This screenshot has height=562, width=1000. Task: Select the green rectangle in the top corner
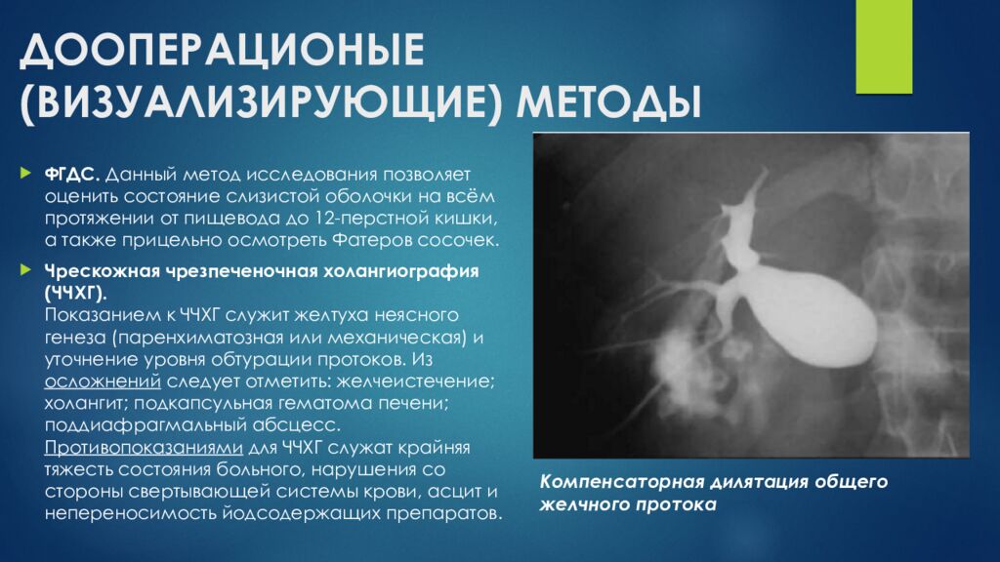pos(883,47)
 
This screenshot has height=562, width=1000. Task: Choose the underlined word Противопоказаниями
pos(144,448)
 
